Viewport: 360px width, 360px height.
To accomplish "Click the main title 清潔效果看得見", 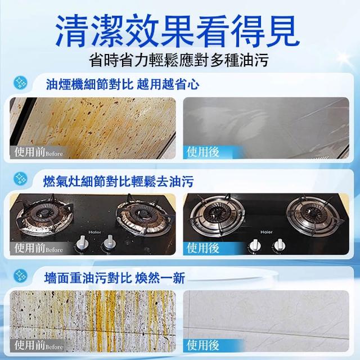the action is pos(177,31).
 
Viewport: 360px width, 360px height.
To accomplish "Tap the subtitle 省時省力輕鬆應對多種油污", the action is pos(179,60).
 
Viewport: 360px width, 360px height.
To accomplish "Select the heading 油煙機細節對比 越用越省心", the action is pos(123,84).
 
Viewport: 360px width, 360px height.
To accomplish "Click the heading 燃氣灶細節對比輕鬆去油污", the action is pos(118,181).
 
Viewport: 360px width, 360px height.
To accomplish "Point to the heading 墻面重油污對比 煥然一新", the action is pos(114,278).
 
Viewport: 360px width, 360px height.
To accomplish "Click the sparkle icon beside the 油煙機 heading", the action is pos(20,83).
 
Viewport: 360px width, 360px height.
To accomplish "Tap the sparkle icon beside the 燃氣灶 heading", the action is pos(20,179).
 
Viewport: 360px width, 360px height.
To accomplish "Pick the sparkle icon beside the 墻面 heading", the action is pos(20,276).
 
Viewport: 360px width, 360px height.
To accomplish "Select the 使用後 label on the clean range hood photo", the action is pos(202,152).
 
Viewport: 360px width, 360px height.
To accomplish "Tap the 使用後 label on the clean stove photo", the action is pos(202,248).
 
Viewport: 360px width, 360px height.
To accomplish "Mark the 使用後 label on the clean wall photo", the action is pos(202,345).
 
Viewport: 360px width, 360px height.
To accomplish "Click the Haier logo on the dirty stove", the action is pos(95,232).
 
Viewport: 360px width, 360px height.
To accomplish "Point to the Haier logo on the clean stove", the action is pos(267,232).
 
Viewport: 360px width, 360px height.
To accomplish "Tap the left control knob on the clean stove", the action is pos(254,246).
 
